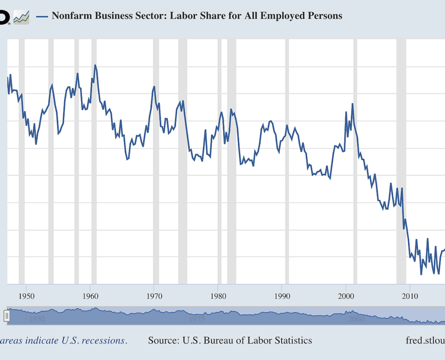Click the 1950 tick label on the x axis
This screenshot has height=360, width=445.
pyautogui.click(x=26, y=296)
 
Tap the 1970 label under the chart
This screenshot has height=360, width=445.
pyautogui.click(x=154, y=296)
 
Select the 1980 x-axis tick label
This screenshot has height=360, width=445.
pyautogui.click(x=218, y=296)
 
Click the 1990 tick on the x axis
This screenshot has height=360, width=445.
pyautogui.click(x=282, y=296)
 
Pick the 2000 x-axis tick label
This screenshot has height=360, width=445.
pyautogui.click(x=346, y=296)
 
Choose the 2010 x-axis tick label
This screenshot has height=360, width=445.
pyautogui.click(x=410, y=296)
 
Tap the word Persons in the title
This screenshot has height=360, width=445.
pyautogui.click(x=322, y=16)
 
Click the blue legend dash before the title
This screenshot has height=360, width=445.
pyautogui.click(x=42, y=16)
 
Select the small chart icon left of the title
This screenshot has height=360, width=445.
pyautogui.click(x=21, y=17)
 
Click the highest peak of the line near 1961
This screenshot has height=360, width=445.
pyautogui.click(x=95, y=65)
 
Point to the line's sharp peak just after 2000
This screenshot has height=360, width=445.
pyautogui.click(x=352, y=104)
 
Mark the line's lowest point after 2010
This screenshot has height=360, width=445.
pyautogui.click(x=421, y=274)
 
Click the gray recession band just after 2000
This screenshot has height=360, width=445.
pyautogui.click(x=355, y=158)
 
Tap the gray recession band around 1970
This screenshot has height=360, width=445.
pyautogui.click(x=156, y=158)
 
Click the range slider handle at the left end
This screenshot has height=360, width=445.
pyautogui.click(x=7, y=315)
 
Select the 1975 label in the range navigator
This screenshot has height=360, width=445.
pyautogui.click(x=196, y=319)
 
